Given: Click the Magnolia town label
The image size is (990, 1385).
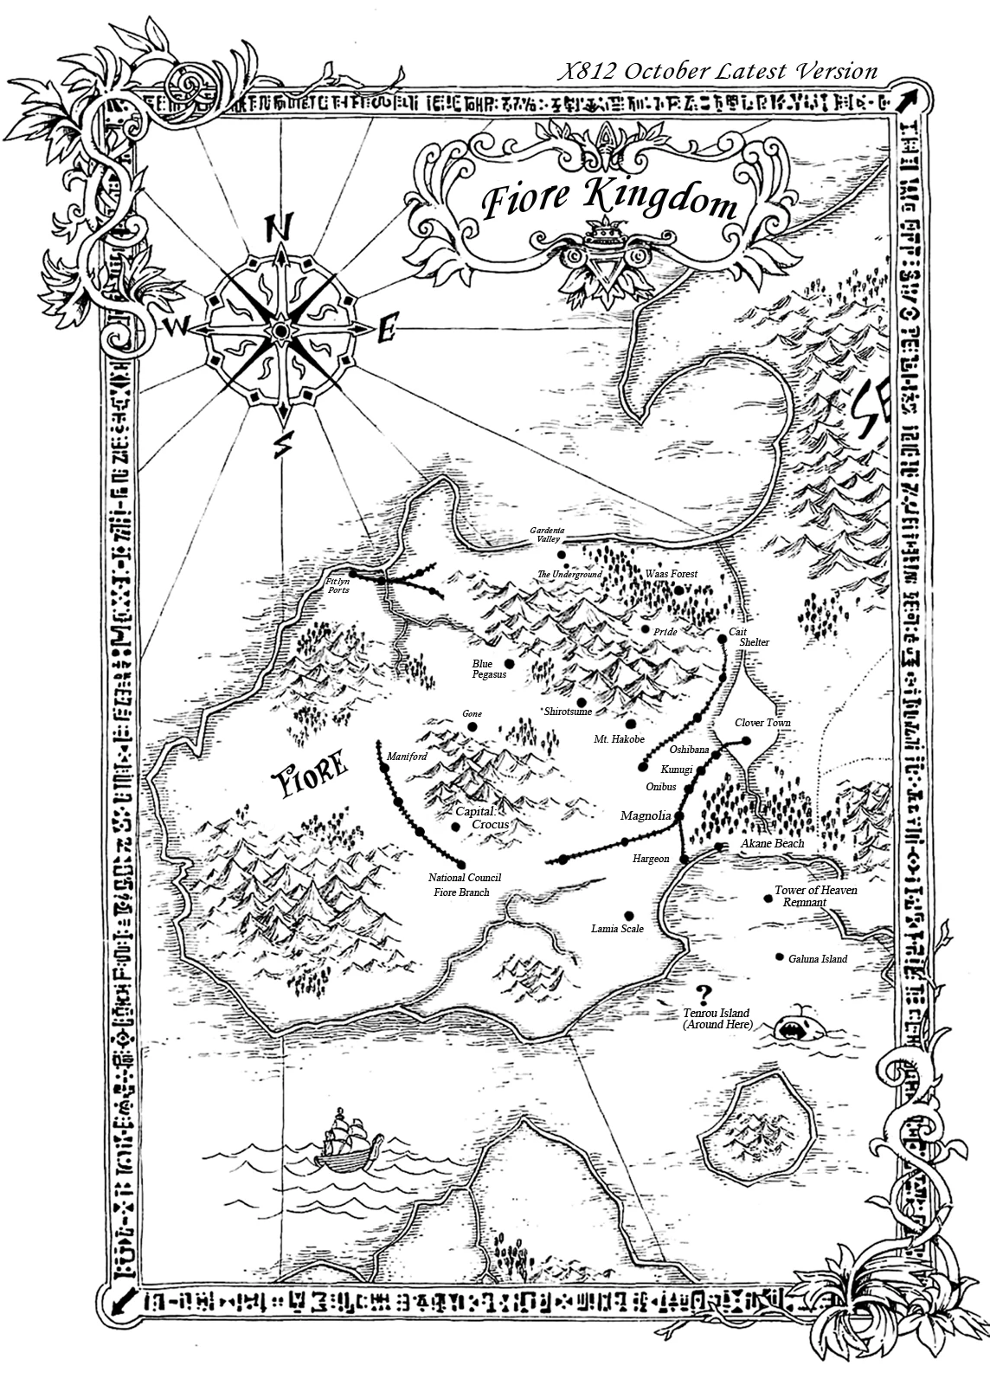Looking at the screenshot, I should (646, 816).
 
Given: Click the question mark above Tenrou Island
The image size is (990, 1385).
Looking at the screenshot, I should (704, 994).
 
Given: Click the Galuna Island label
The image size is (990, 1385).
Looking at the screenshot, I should (818, 959).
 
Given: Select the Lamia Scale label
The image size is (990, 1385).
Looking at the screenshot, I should (617, 929).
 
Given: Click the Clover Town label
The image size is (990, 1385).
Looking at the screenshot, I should (762, 723).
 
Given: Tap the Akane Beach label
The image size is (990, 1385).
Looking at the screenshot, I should (772, 843).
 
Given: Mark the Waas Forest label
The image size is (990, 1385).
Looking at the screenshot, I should (671, 574).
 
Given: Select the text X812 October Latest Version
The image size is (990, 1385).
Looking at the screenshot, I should (717, 72).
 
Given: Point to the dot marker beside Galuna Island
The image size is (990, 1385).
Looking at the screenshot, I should (780, 957).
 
